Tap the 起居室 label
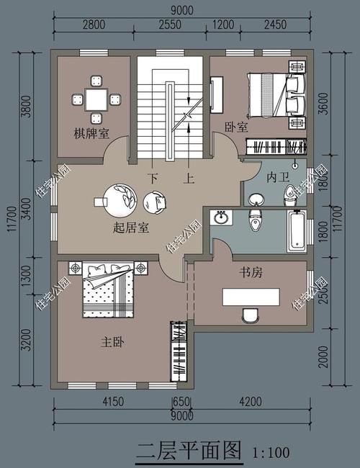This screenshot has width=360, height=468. click(131, 228)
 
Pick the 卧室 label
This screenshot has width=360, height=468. click(236, 127)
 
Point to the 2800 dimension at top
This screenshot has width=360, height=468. click(94, 24)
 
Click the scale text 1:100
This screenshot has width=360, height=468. click(271, 453)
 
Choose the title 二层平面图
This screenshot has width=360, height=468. click(189, 451)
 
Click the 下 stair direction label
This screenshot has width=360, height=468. click(153, 177)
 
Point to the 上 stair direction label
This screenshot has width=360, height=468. click(189, 177)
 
